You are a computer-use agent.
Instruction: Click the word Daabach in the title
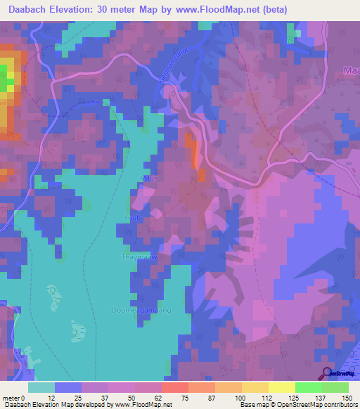(32, 9)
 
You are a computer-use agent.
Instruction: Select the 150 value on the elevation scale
(348, 398)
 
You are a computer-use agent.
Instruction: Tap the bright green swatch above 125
(308, 387)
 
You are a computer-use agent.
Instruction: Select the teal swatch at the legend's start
(41, 387)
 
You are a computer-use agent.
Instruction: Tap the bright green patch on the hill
(5, 78)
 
